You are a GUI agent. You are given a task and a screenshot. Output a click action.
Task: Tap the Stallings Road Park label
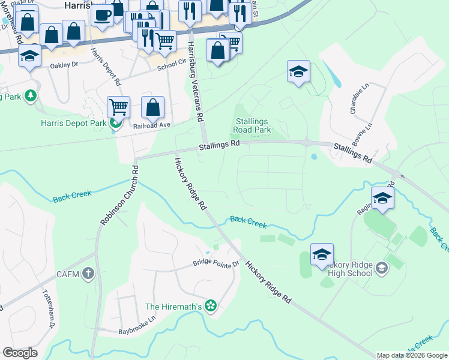click(252, 125)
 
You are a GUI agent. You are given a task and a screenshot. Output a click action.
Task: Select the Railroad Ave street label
click(152, 125)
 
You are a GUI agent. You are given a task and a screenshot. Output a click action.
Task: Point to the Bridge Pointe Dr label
click(216, 263)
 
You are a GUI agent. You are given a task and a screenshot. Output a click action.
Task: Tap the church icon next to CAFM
click(88, 274)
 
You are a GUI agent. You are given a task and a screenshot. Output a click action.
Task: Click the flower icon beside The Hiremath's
click(210, 307)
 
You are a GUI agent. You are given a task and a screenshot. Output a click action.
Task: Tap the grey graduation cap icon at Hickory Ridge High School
click(381, 269)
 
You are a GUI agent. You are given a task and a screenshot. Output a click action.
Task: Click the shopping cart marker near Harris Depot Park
click(119, 107)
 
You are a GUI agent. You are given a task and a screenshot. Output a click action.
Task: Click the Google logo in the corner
click(20, 353)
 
